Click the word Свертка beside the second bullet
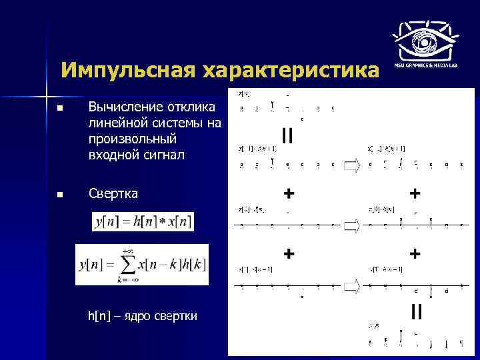pos(113,194)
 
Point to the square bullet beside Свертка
pos(60,195)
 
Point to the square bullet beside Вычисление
pos(60,108)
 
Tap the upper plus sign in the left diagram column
pos(289,193)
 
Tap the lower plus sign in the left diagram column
pos(289,253)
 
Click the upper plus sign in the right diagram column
pos(415,193)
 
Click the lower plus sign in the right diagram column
pos(415,253)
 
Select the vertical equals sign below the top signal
pos(287,136)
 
